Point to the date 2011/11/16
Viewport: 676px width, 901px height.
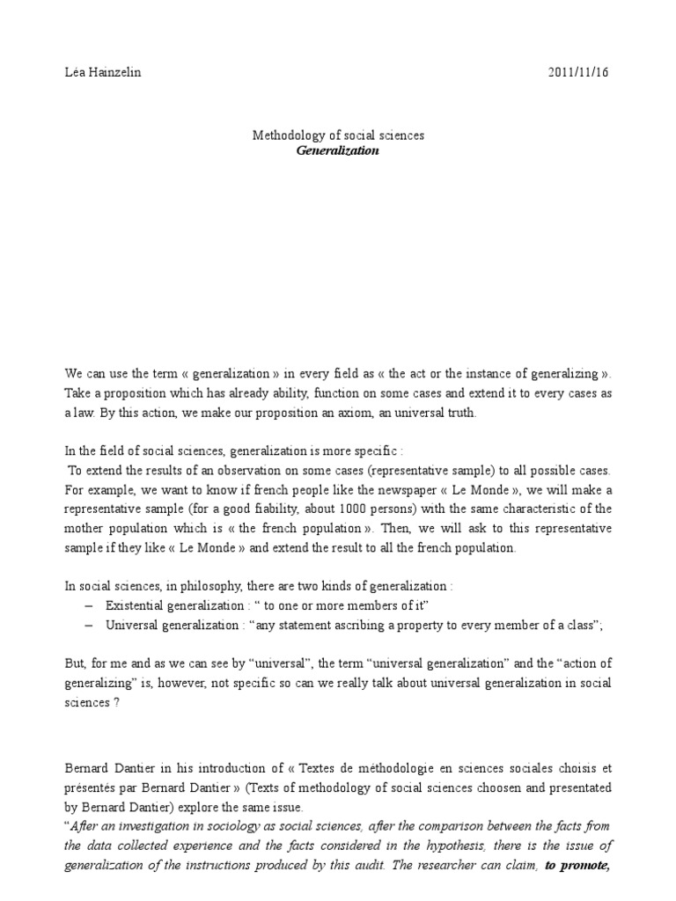tap(577, 73)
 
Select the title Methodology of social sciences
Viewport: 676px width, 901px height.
tap(338, 136)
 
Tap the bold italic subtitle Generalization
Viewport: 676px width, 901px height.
tap(338, 150)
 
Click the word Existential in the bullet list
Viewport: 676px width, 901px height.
tap(136, 606)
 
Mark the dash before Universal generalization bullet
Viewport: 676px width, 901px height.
tap(89, 626)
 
